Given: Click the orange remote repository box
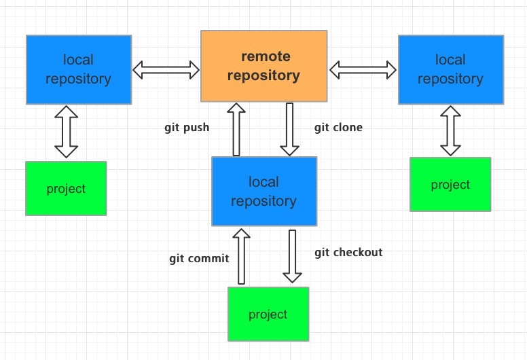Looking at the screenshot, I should click(x=263, y=66).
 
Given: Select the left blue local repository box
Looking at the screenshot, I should click(x=79, y=70).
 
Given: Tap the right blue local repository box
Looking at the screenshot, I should click(x=450, y=70).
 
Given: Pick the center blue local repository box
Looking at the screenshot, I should click(x=263, y=192).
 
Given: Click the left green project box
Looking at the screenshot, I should click(x=66, y=188).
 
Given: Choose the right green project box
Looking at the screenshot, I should click(x=450, y=184).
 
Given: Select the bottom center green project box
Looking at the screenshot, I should click(x=268, y=314).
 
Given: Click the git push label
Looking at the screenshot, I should click(x=187, y=127).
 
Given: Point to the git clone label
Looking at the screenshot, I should click(x=338, y=127).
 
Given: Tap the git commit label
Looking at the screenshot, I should click(x=199, y=258).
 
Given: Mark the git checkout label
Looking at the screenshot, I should click(x=348, y=252).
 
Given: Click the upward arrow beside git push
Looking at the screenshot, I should click(x=236, y=129).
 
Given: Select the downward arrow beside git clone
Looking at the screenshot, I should click(x=290, y=129).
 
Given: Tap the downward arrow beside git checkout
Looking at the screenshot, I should click(x=292, y=256).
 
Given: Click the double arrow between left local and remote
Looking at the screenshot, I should click(x=166, y=69).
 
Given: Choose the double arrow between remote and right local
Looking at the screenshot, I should click(x=363, y=69).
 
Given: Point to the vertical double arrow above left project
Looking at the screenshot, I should click(x=66, y=132).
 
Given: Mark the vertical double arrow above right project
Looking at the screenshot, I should click(x=450, y=130).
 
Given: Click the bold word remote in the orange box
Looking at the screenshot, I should click(x=266, y=56).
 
